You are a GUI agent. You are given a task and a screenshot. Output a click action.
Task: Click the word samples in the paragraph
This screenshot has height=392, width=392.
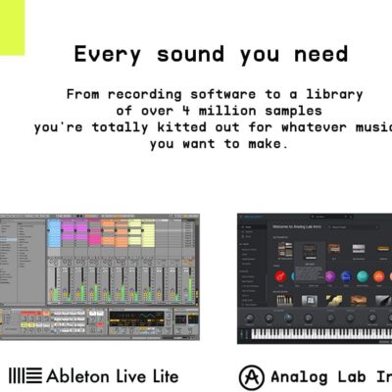[288, 111]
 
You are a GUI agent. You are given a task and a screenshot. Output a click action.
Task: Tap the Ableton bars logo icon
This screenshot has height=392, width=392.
[25, 375]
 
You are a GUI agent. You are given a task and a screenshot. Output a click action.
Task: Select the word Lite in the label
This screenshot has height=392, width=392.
[163, 375]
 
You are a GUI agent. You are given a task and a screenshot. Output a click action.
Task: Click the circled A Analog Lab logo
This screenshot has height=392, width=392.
[251, 375]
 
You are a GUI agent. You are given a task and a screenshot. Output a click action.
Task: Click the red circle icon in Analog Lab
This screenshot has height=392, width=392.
[281, 277]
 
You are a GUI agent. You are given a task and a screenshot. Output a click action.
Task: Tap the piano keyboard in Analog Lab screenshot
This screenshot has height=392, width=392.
[314, 333]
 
